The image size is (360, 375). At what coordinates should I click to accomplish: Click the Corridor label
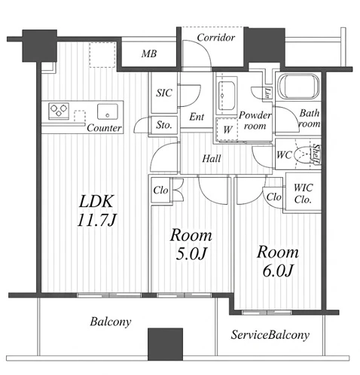pyautogui.click(x=215, y=38)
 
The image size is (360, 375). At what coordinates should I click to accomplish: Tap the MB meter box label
pyautogui.click(x=149, y=53)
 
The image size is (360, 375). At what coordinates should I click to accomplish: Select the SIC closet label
pyautogui.click(x=164, y=93)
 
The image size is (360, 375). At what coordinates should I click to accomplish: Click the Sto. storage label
pyautogui.click(x=164, y=125)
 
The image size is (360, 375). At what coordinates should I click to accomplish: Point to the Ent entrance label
pyautogui.click(x=197, y=117)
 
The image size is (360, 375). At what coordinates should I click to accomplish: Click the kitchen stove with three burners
pyautogui.click(x=59, y=111)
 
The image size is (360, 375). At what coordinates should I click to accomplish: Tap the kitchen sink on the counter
pyautogui.click(x=108, y=111)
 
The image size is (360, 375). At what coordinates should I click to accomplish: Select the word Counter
pyautogui.click(x=104, y=128)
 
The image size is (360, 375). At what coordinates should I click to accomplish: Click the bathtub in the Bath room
pyautogui.click(x=298, y=87)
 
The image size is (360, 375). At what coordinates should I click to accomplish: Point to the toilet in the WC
pyautogui.click(x=304, y=154)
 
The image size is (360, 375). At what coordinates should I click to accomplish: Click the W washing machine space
pyautogui.click(x=227, y=130)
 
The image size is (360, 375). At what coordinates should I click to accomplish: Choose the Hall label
pyautogui.click(x=212, y=159)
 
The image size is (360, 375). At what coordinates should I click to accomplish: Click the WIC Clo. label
pyautogui.click(x=303, y=194)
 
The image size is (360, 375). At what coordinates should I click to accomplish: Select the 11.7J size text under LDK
pyautogui.click(x=96, y=221)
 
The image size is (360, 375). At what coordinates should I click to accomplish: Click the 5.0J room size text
pyautogui.click(x=191, y=254)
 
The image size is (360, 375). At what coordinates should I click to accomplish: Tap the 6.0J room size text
pyautogui.click(x=278, y=270)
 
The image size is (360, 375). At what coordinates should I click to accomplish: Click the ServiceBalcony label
pyautogui.click(x=270, y=335)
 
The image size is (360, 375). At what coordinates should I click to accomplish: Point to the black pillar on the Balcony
pyautogui.click(x=165, y=344)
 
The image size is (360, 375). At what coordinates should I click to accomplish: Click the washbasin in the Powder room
pyautogui.click(x=227, y=96)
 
